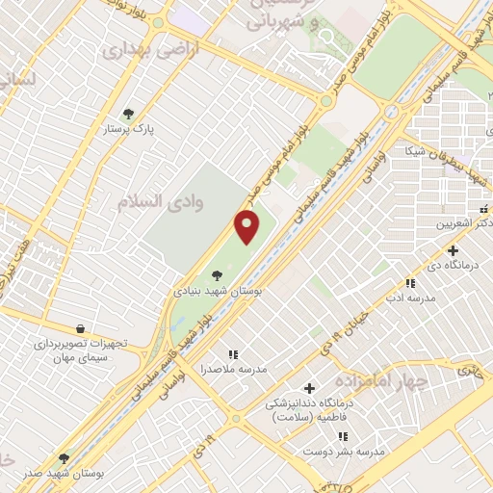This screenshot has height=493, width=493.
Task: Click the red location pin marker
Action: point(247,227)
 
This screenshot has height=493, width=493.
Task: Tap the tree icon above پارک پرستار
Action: point(130,113)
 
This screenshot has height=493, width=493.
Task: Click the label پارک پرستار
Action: point(130,128)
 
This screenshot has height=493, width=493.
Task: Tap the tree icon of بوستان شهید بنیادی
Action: point(229,274)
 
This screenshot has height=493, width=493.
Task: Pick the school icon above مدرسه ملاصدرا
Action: point(232,354)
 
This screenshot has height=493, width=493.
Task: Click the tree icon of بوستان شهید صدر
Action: point(64,458)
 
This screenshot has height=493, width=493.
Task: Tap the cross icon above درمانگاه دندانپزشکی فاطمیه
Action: point(309,388)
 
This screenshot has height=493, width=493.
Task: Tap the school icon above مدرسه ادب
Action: point(409,284)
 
